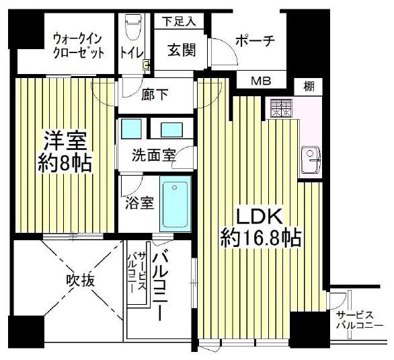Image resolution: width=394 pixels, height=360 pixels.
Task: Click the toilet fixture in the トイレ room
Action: tap(132, 27)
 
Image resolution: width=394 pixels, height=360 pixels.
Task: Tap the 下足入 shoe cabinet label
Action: tap(179, 22)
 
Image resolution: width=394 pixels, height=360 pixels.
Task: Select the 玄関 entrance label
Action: tap(182, 50)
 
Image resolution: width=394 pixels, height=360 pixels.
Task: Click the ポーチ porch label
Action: tap(255, 41)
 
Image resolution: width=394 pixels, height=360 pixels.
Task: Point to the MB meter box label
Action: tap(262, 81)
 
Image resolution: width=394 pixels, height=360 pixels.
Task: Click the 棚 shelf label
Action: tap(309, 87)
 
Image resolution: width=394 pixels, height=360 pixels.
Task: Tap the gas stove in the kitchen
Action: tap(281, 108)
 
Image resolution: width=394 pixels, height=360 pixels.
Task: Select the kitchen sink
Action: tap(311, 160)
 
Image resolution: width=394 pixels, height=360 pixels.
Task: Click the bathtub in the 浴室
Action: tap(175, 205)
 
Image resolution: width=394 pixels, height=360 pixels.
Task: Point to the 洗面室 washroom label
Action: tap(154, 155)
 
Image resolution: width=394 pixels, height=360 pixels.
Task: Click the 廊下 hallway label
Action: tap(155, 95)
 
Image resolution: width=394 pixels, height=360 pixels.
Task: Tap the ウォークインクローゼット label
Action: tap(79, 46)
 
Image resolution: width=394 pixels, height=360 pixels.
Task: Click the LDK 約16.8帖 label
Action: tap(261, 227)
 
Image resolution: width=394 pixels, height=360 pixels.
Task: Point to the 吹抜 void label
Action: tap(81, 281)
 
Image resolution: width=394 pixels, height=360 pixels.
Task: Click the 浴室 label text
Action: tap(140, 203)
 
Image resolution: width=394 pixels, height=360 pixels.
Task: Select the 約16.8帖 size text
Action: tap(261, 238)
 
